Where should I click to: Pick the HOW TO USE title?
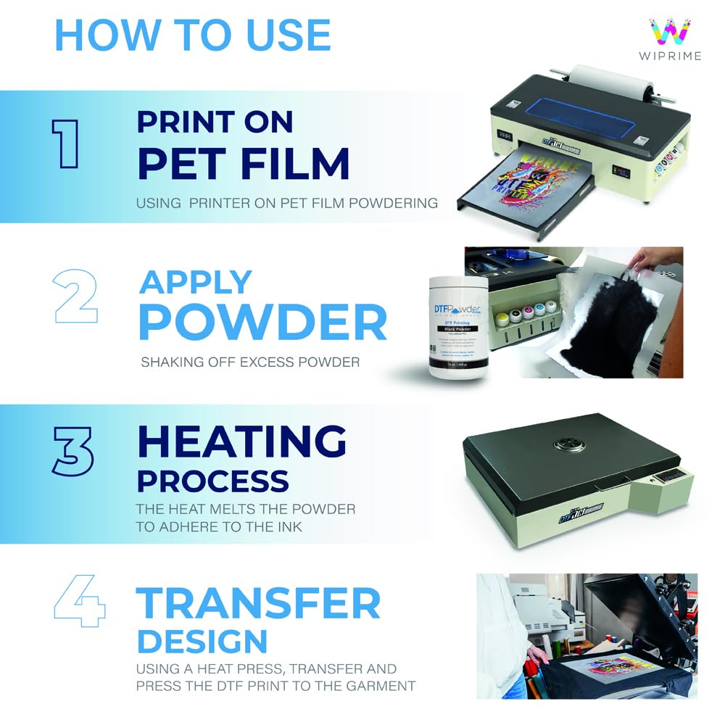(193, 35)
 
